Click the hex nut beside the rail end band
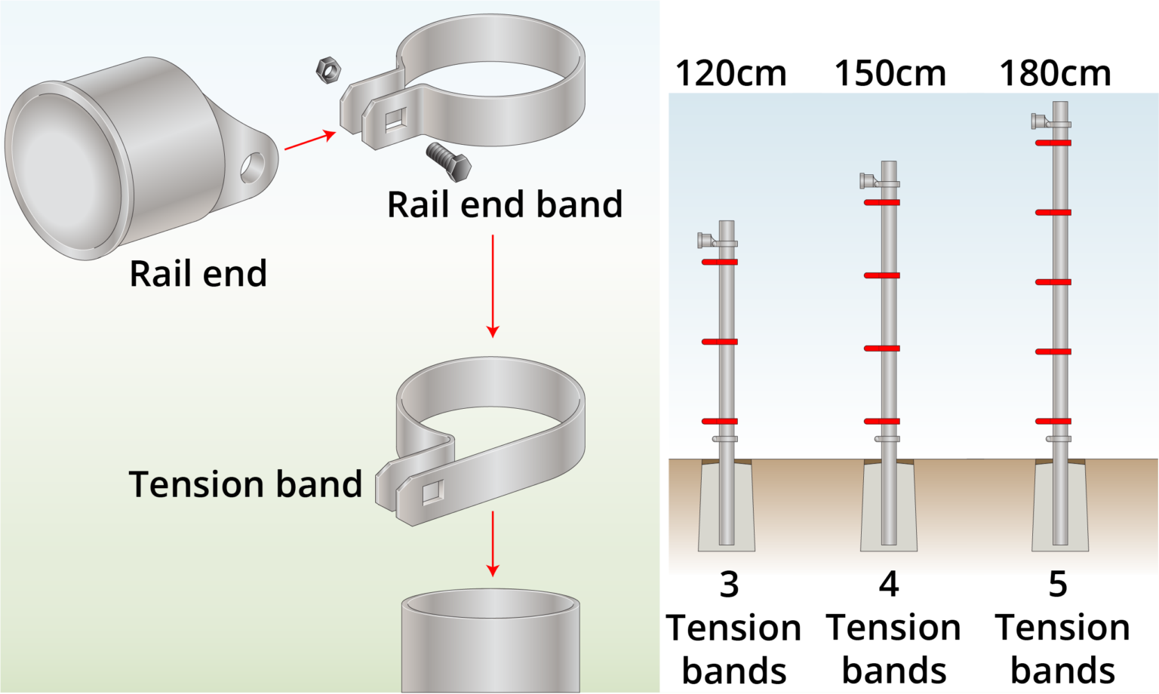click(x=328, y=70)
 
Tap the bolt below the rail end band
click(x=449, y=162)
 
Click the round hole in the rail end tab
click(x=253, y=167)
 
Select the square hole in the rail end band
click(x=396, y=121)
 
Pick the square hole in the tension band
click(x=433, y=492)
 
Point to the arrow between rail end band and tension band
click(x=493, y=286)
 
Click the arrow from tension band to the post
click(x=493, y=544)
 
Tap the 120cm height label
click(x=730, y=73)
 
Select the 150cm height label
click(x=890, y=73)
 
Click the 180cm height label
click(x=1055, y=73)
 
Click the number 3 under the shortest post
click(x=730, y=585)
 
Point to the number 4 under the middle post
click(x=889, y=585)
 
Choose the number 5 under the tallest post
click(x=1058, y=585)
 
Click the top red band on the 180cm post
click(x=1053, y=143)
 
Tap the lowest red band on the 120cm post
click(x=719, y=422)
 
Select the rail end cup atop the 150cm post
click(x=867, y=181)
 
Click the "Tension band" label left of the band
click(x=245, y=484)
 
